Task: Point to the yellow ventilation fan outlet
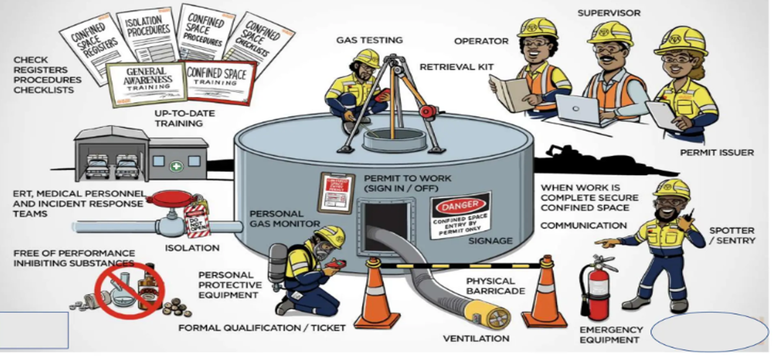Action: click(x=490, y=314)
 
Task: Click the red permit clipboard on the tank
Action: click(x=331, y=192)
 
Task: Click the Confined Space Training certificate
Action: click(x=220, y=82)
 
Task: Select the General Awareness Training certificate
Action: click(x=145, y=83)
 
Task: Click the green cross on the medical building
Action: click(x=176, y=166)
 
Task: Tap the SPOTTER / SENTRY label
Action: click(x=732, y=235)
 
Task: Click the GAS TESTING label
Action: click(x=369, y=40)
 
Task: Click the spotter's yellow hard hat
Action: click(x=672, y=188)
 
